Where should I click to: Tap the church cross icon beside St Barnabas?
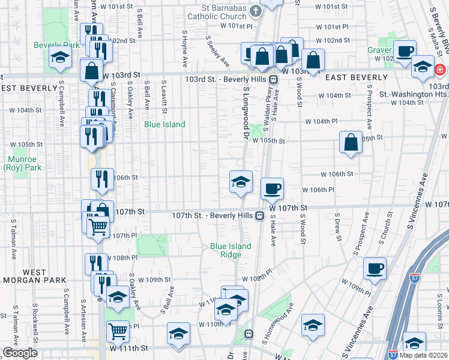(255, 11)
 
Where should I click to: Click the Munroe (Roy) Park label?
(25, 164)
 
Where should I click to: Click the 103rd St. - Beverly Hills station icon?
(273, 79)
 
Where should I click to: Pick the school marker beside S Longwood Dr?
(241, 181)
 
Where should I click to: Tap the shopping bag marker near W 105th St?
(351, 142)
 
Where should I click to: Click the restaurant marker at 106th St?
(102, 179)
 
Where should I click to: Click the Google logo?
(20, 353)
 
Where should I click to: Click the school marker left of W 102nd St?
(60, 58)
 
